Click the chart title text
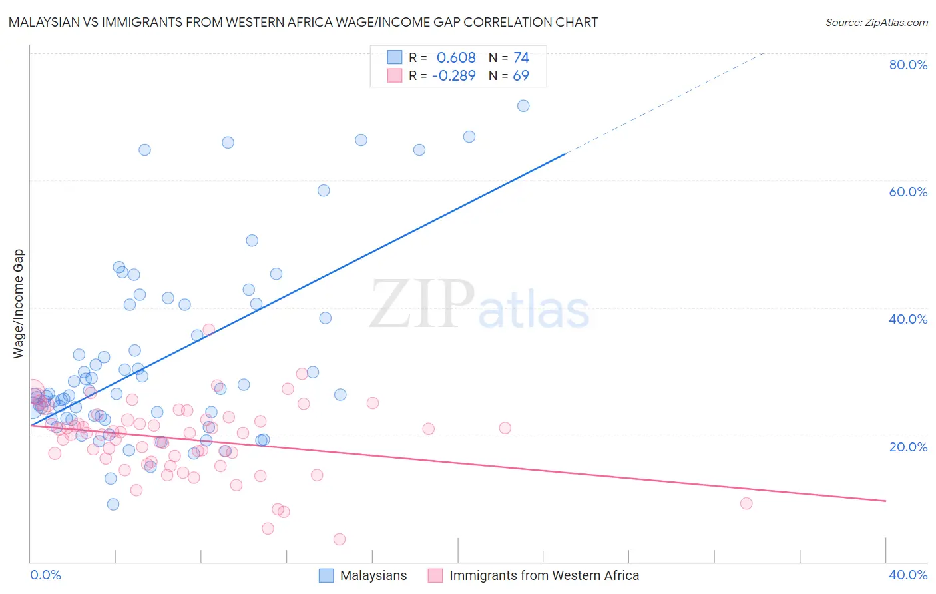click(303, 22)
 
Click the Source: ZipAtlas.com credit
click(876, 22)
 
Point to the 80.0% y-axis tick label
click(908, 65)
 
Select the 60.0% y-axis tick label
click(908, 192)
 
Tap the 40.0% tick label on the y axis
click(908, 319)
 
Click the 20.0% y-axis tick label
click(908, 447)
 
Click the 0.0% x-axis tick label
click(45, 575)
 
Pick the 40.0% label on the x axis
click(908, 575)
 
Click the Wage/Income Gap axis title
click(19, 304)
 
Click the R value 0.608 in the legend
click(456, 58)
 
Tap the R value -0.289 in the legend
click(453, 76)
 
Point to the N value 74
click(521, 58)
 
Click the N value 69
click(521, 76)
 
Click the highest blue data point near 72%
click(523, 106)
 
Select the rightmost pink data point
click(746, 503)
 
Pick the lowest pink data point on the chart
click(340, 539)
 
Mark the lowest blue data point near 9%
click(113, 504)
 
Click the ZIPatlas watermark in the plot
click(479, 305)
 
